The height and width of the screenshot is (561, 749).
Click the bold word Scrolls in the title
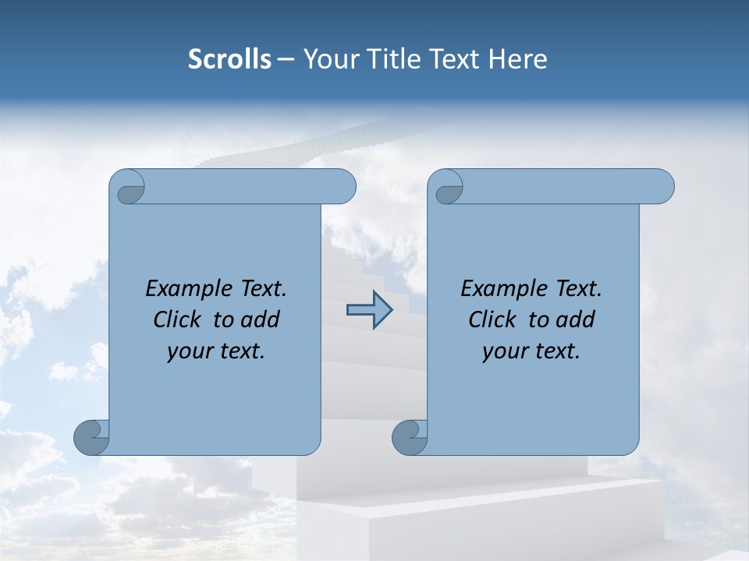229,59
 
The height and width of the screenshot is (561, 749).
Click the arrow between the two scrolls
369,310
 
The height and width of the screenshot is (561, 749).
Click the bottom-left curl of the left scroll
91,437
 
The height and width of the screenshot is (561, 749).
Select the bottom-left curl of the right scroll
410,437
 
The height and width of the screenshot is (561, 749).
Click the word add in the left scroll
260,319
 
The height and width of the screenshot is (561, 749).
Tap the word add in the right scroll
575,319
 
